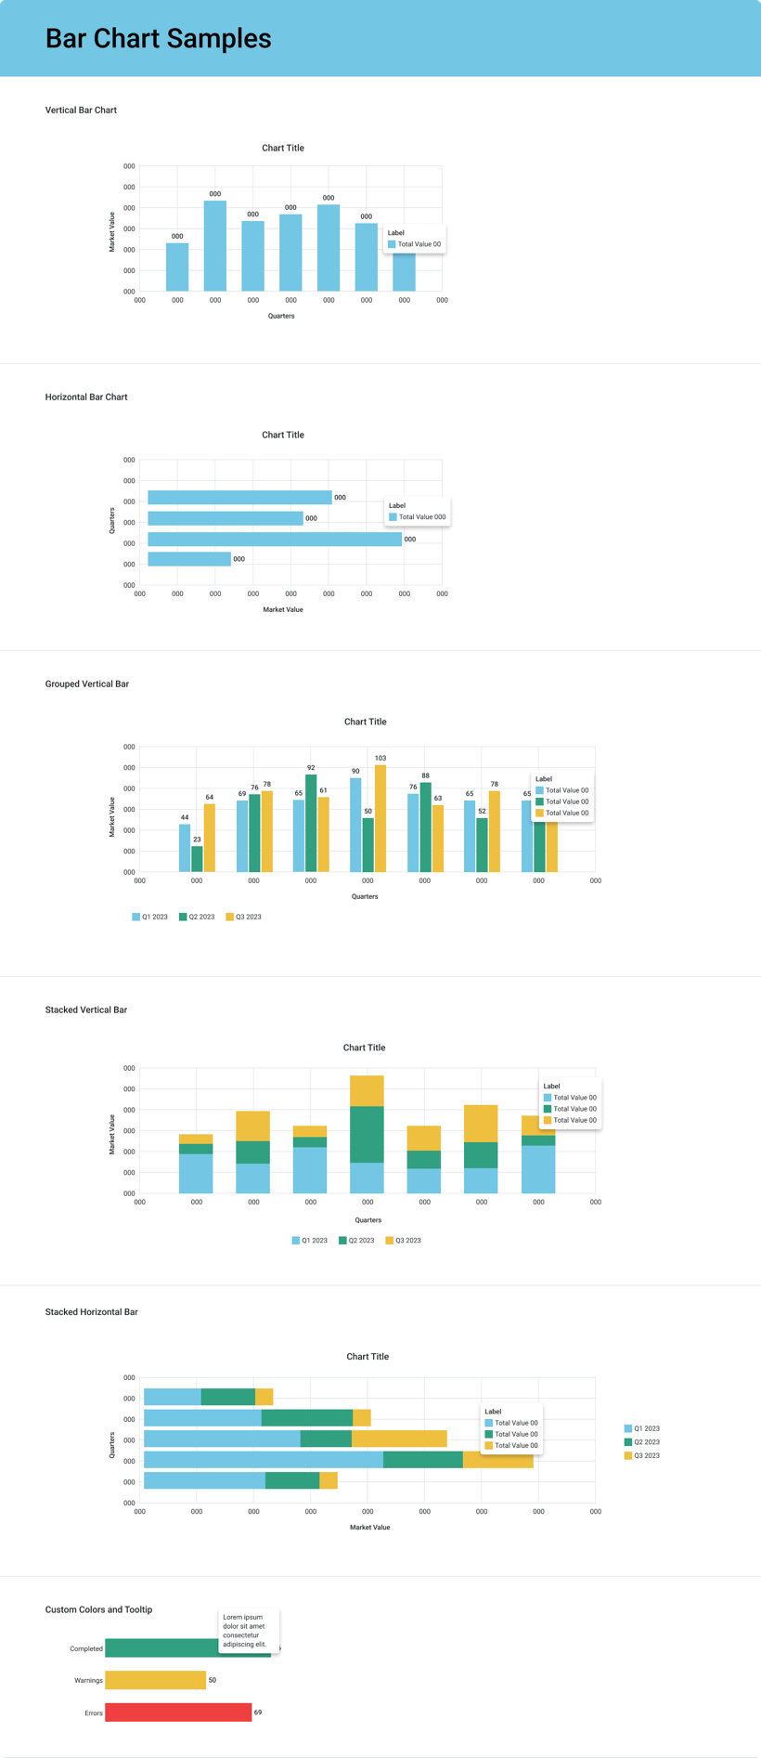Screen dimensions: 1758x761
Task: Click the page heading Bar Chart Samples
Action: (x=158, y=38)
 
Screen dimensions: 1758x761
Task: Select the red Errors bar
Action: (x=178, y=1712)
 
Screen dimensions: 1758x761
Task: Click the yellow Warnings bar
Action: (x=155, y=1679)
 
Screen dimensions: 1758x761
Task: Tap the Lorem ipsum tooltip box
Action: (x=249, y=1630)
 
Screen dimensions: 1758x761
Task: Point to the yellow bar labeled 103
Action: (x=380, y=817)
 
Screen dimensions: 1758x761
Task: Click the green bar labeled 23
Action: (x=197, y=858)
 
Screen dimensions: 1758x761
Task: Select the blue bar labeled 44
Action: (x=185, y=847)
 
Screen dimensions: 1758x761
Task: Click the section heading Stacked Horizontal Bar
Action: (x=91, y=1311)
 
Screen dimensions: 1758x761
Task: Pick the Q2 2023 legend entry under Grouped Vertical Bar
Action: (x=197, y=917)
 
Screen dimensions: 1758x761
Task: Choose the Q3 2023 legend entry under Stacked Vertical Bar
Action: (x=404, y=1240)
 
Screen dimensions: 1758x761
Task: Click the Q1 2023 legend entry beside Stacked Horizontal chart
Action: (x=642, y=1428)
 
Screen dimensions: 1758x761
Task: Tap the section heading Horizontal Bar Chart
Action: (x=86, y=397)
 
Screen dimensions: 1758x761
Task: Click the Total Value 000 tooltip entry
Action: (x=418, y=516)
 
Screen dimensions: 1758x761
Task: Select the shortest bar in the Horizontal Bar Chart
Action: (x=189, y=559)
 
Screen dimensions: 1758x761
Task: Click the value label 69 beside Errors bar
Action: (x=258, y=1712)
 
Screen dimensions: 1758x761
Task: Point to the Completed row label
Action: (x=86, y=1648)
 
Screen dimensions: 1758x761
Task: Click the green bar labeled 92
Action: (x=311, y=822)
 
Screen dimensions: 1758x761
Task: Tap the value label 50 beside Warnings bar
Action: (x=213, y=1679)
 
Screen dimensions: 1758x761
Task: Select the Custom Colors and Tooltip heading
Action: (x=98, y=1608)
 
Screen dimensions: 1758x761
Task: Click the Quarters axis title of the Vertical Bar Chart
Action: (x=281, y=316)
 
